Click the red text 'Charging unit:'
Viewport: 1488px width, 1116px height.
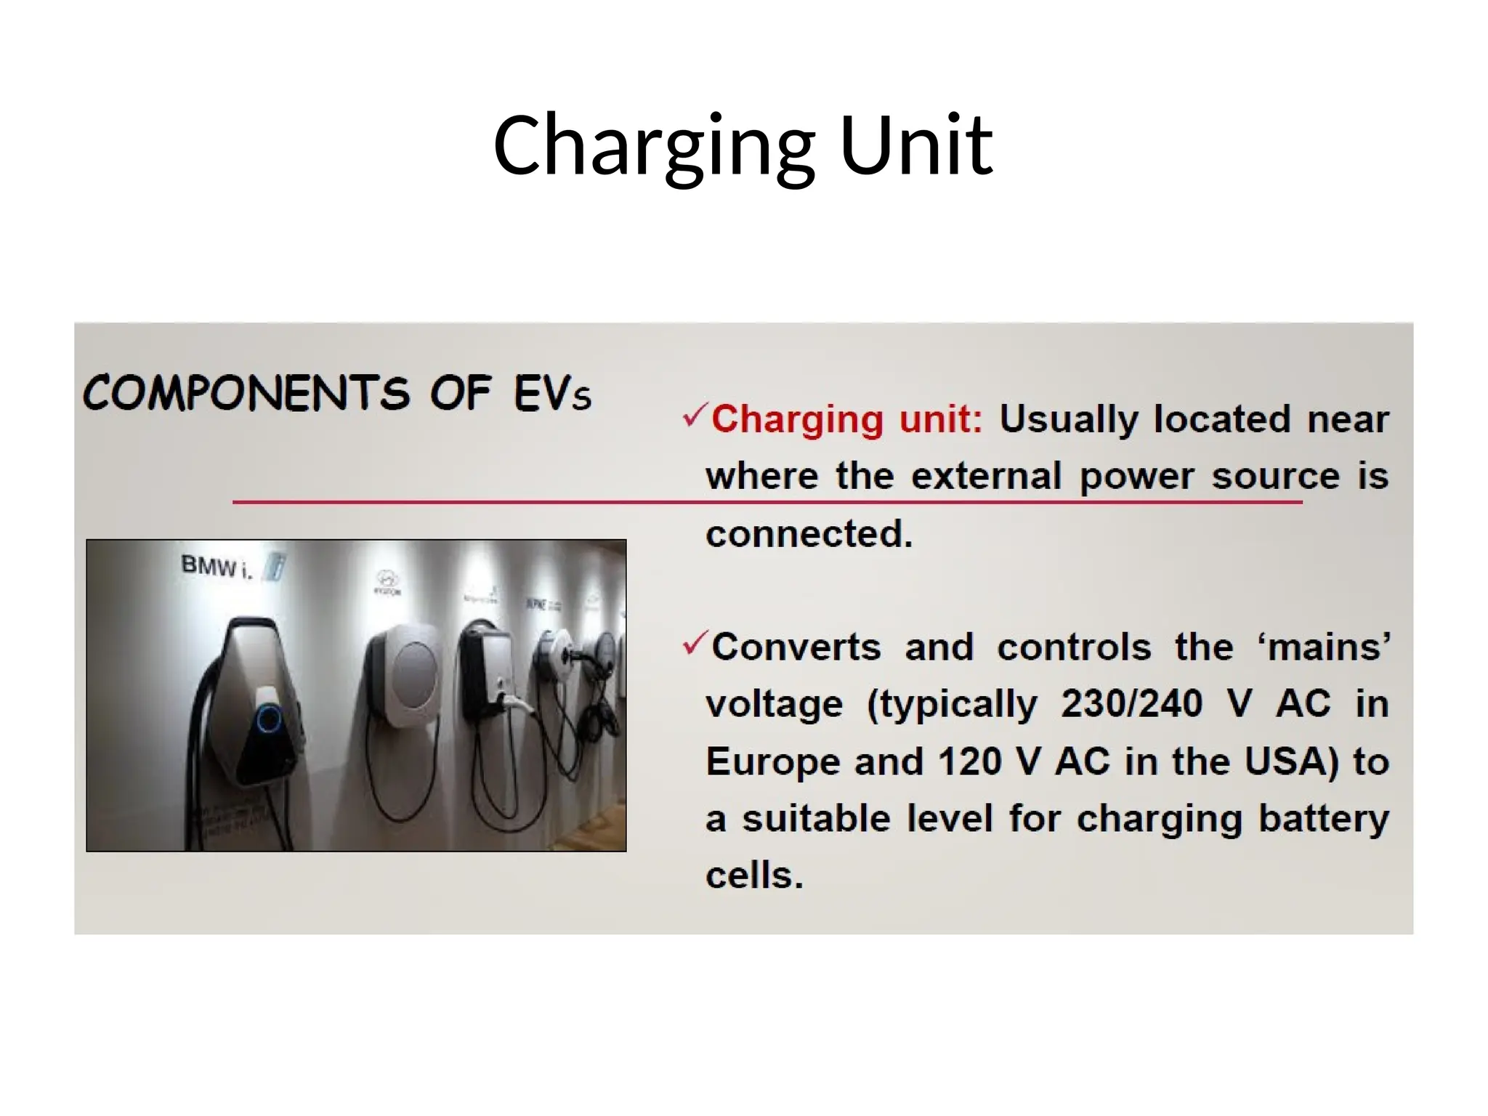click(846, 419)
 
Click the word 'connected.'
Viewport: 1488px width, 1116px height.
click(809, 534)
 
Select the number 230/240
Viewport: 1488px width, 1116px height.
click(1131, 703)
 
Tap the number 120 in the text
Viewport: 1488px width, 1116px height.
click(969, 761)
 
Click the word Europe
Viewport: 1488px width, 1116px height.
click(773, 761)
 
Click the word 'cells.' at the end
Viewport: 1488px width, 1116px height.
click(754, 875)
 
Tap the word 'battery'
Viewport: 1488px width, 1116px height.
click(1323, 819)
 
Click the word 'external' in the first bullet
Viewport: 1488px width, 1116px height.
click(987, 477)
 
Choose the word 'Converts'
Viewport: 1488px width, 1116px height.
click(796, 647)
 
